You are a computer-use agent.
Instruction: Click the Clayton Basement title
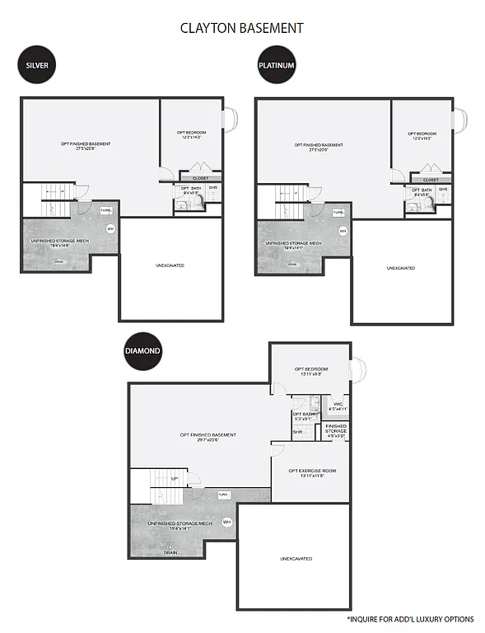tap(242, 28)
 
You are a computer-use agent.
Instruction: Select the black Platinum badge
tap(276, 64)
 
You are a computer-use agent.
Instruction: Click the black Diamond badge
tap(142, 349)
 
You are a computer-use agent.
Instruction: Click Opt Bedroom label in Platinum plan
tap(422, 135)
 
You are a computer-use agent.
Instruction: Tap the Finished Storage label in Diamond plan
tap(336, 429)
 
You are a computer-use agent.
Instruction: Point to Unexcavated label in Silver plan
tap(170, 265)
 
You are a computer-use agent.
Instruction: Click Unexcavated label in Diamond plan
tap(296, 559)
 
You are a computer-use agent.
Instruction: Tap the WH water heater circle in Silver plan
tap(110, 228)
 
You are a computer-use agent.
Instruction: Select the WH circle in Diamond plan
tap(227, 522)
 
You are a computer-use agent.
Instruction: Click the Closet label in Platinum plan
tap(431, 180)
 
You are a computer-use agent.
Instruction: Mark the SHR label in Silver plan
tap(212, 187)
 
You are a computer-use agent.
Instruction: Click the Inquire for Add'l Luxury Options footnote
tap(410, 618)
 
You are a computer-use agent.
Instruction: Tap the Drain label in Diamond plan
tap(170, 552)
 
